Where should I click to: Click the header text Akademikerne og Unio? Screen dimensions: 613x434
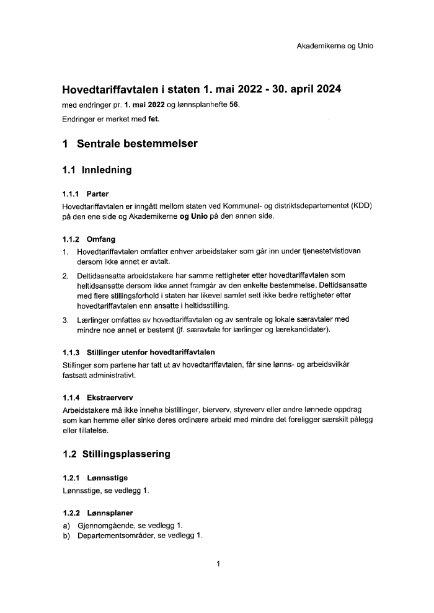coord(335,46)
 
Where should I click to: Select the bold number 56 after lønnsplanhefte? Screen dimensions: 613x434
coord(234,104)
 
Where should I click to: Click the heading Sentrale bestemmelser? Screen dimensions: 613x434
coord(137,144)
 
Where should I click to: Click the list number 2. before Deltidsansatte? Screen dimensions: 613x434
coord(65,275)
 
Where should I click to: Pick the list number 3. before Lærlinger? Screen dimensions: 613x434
coord(65,320)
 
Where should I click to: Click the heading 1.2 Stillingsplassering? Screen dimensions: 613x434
coord(117,454)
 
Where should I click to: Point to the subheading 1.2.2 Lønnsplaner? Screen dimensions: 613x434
coord(98,513)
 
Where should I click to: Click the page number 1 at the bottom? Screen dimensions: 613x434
coord(218,564)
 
